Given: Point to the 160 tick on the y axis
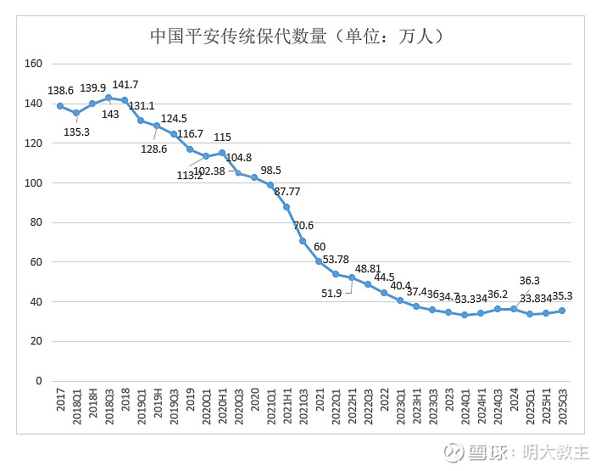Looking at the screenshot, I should pos(34,64).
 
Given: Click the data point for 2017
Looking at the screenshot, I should pos(60,106).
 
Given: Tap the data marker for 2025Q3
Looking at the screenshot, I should pos(562,311).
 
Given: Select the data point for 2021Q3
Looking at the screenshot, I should pos(303,241).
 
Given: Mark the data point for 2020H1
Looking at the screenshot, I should pos(222,153).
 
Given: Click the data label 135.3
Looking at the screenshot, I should pos(81,132).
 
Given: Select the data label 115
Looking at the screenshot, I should pos(222,137).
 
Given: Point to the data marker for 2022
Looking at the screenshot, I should pos(384,293).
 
